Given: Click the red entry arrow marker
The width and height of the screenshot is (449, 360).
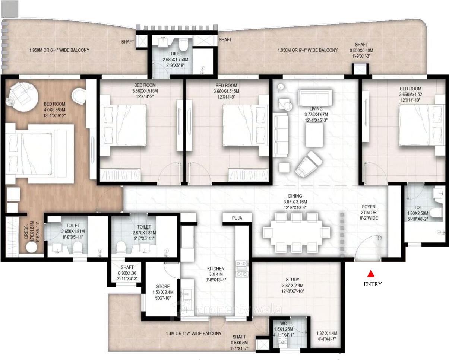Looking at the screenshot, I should point(370,274).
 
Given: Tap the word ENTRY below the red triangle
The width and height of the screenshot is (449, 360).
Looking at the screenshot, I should point(373,284).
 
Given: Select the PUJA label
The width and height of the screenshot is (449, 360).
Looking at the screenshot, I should point(237,218).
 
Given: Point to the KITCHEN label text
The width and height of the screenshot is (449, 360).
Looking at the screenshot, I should point(216,269).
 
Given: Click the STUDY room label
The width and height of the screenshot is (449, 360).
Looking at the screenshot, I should point(293,280).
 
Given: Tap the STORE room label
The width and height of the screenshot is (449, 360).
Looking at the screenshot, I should point(163,287).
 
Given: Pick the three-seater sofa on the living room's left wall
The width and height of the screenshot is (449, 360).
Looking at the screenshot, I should point(281,135).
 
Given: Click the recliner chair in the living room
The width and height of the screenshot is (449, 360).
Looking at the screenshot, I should point(309,164).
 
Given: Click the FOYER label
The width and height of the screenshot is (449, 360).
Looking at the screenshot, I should point(369,207).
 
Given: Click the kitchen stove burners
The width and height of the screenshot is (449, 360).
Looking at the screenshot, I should point(241,268).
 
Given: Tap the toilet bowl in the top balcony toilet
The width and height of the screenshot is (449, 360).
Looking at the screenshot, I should point(183,45).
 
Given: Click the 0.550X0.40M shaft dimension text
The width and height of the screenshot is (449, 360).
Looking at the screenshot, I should point(361,51).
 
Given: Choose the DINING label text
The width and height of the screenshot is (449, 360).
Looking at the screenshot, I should point(295,196).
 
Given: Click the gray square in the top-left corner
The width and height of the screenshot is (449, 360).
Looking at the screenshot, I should point(9,9).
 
